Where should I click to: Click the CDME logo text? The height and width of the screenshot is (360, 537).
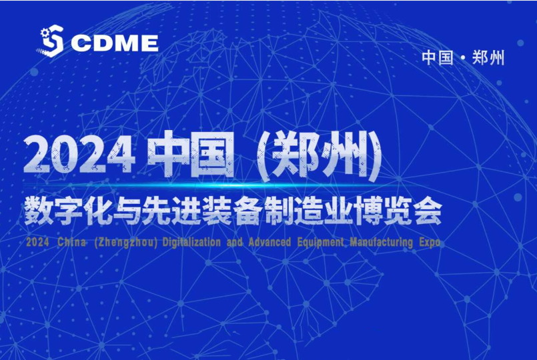[115, 43]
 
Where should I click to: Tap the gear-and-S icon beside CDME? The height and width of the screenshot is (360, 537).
[51, 41]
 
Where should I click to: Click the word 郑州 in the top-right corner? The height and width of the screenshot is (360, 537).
[488, 57]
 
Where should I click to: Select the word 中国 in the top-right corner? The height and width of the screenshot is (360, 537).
[438, 57]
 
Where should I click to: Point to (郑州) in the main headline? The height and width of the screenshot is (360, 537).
[319, 155]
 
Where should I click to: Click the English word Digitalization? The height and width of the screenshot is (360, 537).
[191, 242]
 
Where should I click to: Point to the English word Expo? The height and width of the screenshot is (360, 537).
[430, 242]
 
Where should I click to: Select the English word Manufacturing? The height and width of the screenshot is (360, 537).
[381, 242]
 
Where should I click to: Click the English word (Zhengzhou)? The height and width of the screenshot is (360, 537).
[125, 242]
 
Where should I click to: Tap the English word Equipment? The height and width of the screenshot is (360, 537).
[320, 243]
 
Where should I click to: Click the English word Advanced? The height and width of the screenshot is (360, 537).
[270, 242]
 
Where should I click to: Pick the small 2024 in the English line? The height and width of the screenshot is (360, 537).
[37, 242]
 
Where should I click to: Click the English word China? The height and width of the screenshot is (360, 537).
[71, 242]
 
